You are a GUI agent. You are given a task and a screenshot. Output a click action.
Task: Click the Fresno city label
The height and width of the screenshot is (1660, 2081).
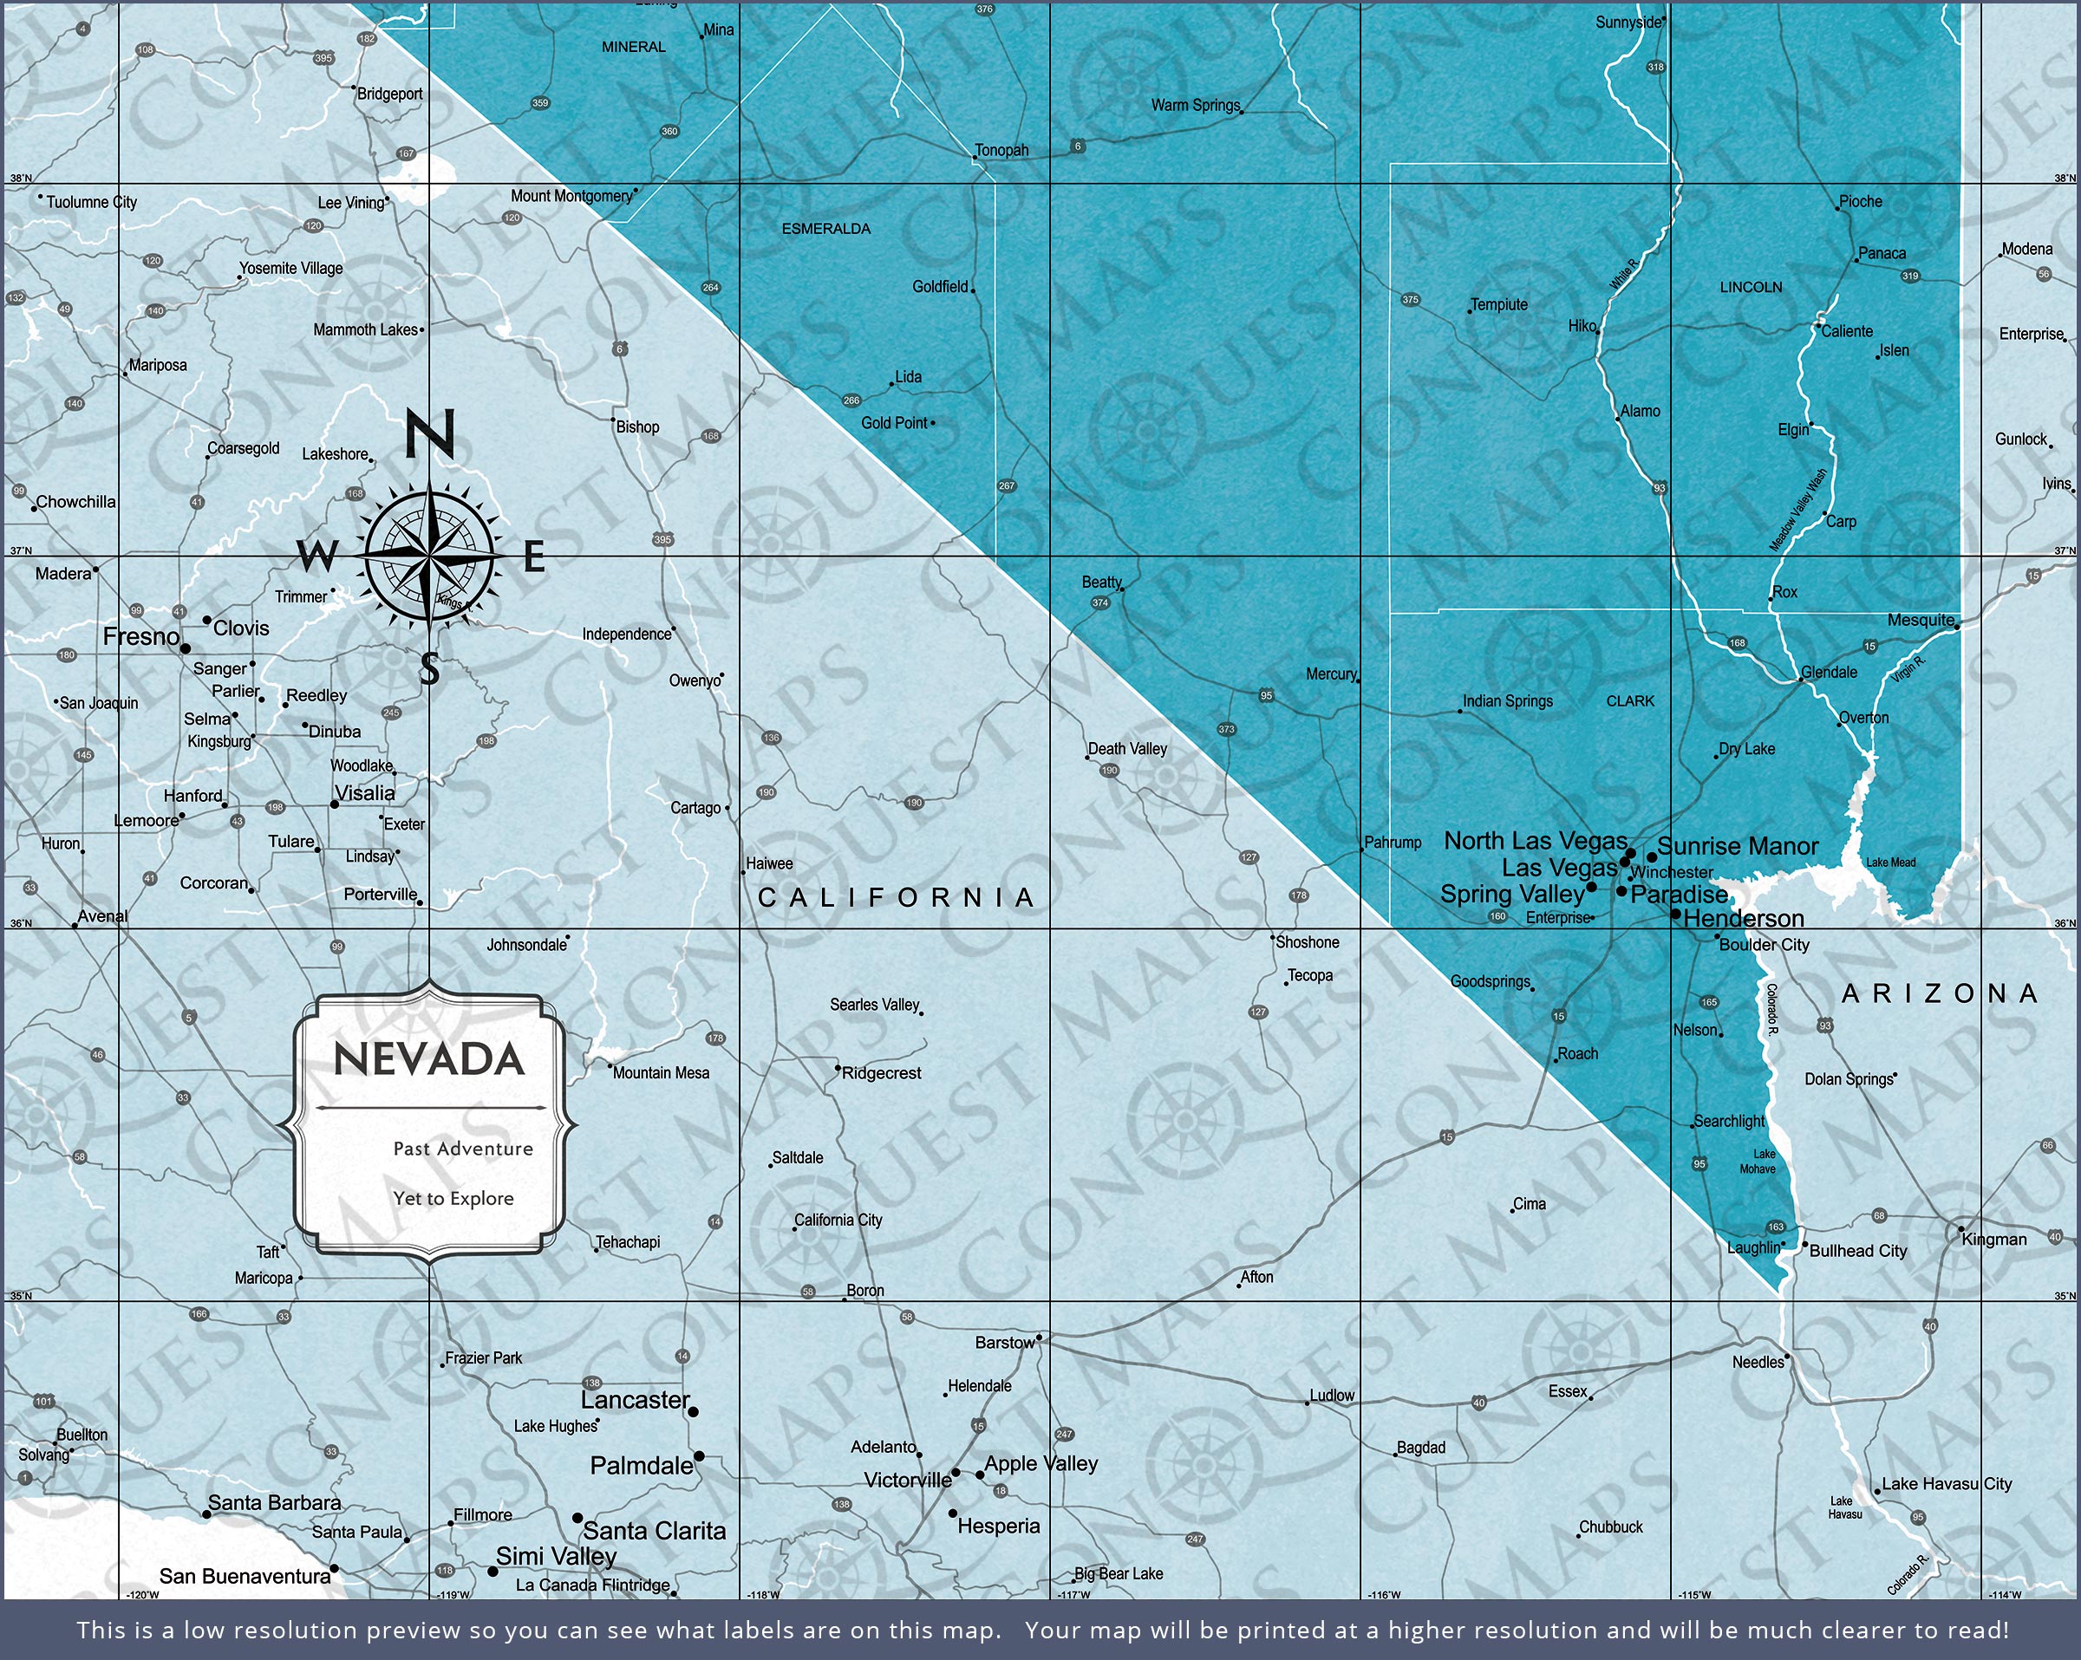(x=141, y=637)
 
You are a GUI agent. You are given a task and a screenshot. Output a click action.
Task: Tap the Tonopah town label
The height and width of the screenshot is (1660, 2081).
(x=1001, y=151)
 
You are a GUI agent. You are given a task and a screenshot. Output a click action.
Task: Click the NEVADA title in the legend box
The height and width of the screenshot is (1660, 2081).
(x=428, y=1059)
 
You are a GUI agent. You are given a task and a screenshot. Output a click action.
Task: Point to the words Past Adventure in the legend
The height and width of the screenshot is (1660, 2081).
(x=462, y=1149)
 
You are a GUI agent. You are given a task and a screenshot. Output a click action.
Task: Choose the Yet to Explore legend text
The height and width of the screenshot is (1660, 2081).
(x=453, y=1199)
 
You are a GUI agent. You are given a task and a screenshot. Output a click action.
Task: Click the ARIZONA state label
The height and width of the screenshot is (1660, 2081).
(x=1940, y=993)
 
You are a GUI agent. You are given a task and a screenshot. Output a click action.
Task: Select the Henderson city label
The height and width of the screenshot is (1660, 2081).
(x=1743, y=919)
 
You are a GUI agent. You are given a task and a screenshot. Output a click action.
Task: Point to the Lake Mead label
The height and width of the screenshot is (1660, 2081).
(x=1891, y=862)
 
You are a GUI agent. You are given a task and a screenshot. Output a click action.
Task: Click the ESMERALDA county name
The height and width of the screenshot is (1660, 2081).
(x=825, y=229)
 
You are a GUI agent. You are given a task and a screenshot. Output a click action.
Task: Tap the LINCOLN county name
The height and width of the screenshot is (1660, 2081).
(x=1751, y=288)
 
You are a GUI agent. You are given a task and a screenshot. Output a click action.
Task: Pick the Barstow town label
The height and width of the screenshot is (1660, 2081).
(x=1004, y=1343)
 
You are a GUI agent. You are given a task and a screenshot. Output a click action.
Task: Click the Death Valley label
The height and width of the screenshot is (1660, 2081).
(x=1127, y=749)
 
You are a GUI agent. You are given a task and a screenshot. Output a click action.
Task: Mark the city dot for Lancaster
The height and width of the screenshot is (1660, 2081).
(x=693, y=1412)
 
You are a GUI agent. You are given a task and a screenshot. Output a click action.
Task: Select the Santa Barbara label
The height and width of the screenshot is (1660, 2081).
(x=274, y=1503)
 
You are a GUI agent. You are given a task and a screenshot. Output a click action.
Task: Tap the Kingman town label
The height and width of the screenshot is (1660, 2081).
(x=1994, y=1240)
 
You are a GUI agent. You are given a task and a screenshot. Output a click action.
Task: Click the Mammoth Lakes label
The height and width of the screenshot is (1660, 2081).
(x=365, y=330)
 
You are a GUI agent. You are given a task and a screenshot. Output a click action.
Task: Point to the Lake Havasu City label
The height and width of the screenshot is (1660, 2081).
(x=1947, y=1484)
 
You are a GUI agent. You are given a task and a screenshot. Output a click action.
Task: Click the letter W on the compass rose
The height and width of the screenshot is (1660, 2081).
(x=317, y=556)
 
